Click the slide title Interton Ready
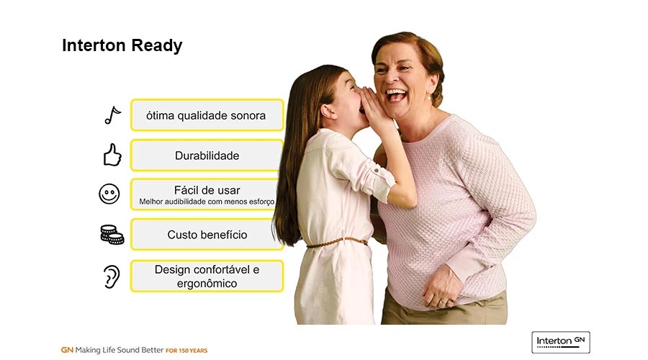pos(122,45)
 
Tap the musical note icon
pos(112,115)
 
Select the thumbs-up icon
pos(112,155)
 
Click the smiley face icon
pos(109,194)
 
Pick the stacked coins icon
pos(112,234)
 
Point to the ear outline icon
pos(112,276)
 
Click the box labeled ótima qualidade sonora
pos(207,115)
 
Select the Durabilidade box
pos(206,156)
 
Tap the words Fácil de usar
pos(207,190)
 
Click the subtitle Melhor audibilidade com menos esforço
pos(207,202)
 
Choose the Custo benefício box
pos(207,234)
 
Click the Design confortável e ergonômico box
pos(207,276)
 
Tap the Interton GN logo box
pos(561,342)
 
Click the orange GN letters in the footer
pos(67,350)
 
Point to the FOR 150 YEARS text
pos(186,351)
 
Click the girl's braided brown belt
pos(337,243)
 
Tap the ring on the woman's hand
pos(442,302)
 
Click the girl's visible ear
pos(328,112)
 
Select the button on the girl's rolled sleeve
pos(377,171)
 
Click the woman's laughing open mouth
pos(396,95)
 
